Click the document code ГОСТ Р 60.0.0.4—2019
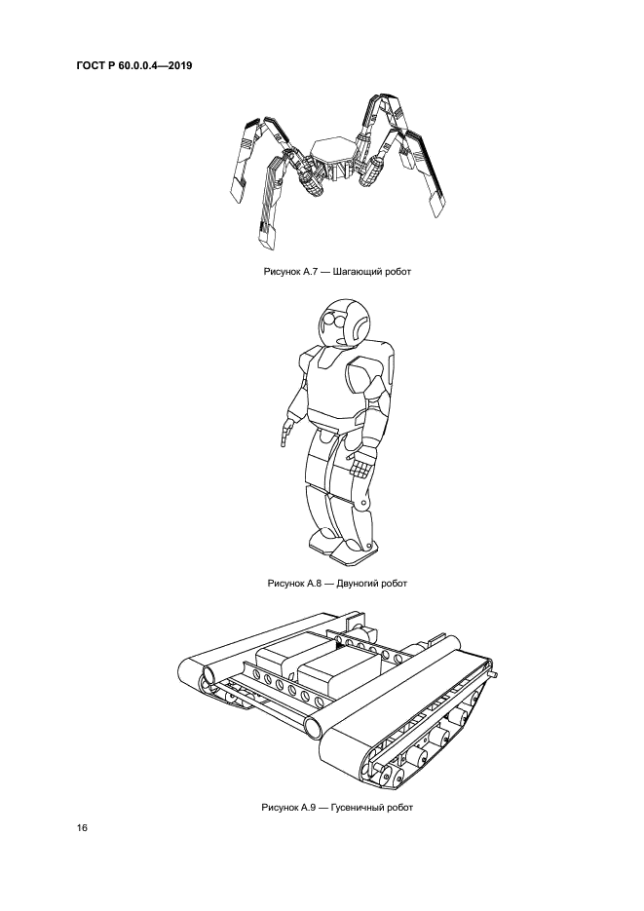(x=134, y=65)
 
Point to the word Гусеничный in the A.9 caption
(x=358, y=808)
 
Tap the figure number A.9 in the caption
(x=306, y=808)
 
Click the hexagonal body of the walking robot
(x=329, y=150)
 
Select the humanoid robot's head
(x=344, y=323)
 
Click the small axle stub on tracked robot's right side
(x=495, y=675)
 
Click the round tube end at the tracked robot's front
(x=312, y=726)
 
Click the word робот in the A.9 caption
(x=399, y=808)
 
